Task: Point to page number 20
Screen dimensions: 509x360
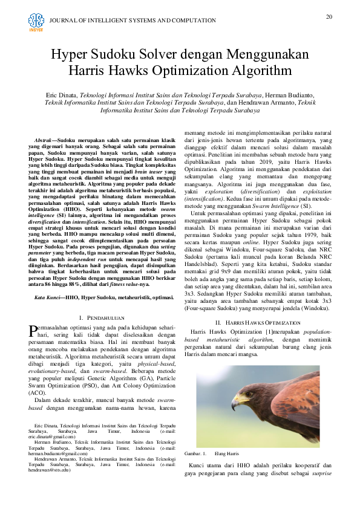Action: coord(329,16)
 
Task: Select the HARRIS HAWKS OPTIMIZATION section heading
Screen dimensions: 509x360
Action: coord(258,323)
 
